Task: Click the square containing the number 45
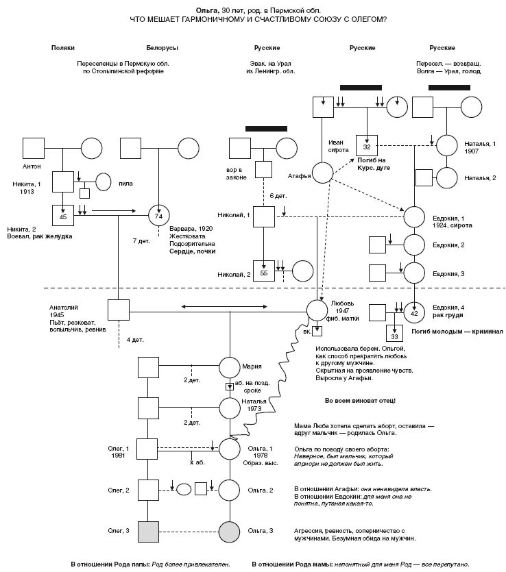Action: [62, 214]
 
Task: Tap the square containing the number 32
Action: [367, 146]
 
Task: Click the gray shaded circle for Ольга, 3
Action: [230, 530]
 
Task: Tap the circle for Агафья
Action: [323, 173]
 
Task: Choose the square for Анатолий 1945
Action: [118, 310]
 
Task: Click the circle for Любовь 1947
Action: [317, 310]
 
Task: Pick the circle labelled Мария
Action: [230, 367]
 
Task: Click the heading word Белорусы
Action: [162, 48]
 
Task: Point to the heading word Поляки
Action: [63, 48]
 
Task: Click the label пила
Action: [126, 183]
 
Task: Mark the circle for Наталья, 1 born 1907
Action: [446, 145]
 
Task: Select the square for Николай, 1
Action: [264, 216]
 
